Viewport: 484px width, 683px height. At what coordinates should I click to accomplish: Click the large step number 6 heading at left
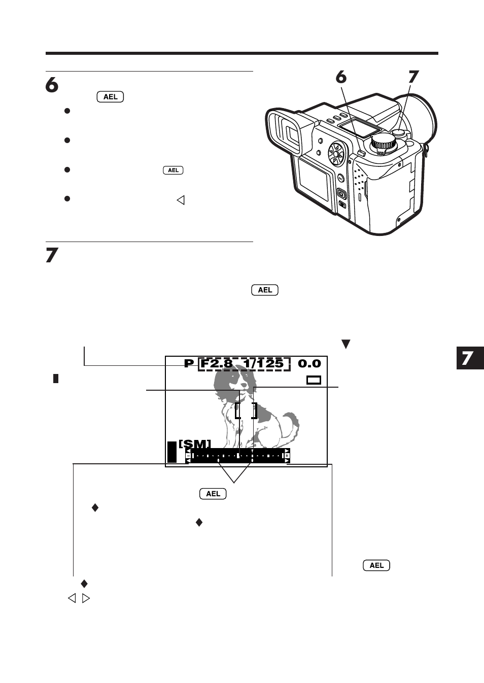52,85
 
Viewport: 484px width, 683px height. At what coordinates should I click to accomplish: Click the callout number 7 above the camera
413,77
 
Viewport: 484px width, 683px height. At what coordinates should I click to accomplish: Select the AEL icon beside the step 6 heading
110,97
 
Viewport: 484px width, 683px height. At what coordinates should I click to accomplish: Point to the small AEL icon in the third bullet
173,170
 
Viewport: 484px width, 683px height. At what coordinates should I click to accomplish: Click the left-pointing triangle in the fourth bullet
180,200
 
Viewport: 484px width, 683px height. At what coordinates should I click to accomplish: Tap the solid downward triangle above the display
346,344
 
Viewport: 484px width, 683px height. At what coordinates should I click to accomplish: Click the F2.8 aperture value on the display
217,363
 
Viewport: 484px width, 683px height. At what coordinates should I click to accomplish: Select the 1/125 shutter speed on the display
263,363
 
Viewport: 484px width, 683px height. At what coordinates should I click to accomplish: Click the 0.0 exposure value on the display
309,363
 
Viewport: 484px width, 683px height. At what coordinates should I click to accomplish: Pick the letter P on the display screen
189,363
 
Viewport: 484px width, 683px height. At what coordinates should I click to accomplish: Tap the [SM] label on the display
195,444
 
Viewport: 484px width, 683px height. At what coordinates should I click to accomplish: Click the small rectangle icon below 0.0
314,380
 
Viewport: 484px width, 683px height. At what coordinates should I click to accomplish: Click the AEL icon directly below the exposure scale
213,494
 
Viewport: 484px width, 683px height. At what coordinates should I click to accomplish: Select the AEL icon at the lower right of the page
376,565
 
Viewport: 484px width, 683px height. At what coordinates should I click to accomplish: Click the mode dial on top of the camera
383,143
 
